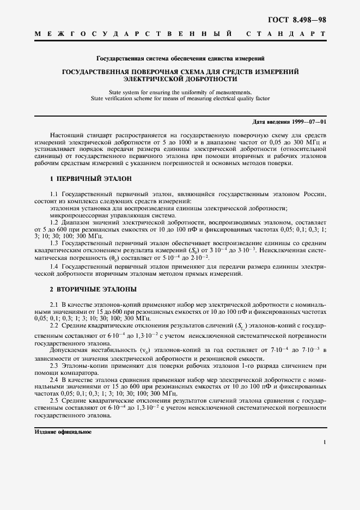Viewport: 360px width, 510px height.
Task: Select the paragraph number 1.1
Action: (x=54, y=194)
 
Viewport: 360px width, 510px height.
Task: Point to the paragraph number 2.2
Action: (x=54, y=325)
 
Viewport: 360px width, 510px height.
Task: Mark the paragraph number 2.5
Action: (x=54, y=400)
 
